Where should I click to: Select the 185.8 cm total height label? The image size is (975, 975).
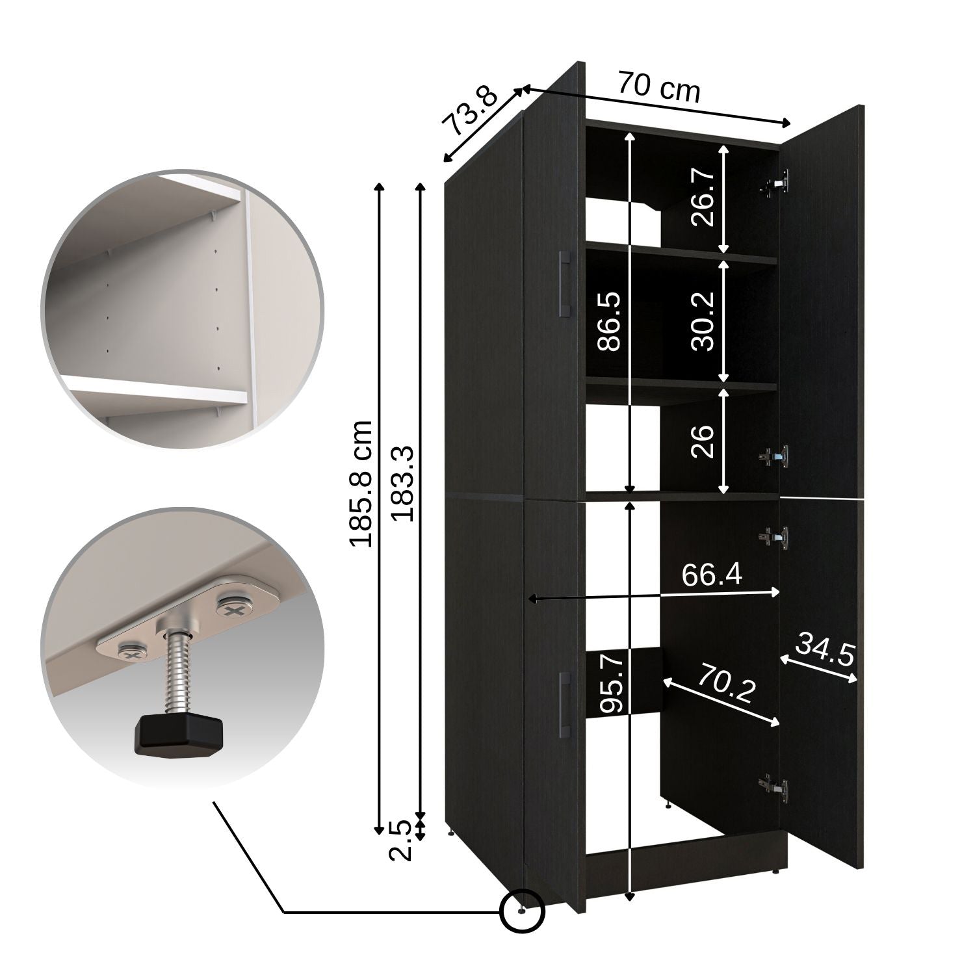pyautogui.click(x=360, y=483)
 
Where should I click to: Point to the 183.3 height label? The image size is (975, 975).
pyautogui.click(x=403, y=484)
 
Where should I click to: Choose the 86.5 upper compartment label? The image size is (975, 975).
pyautogui.click(x=609, y=322)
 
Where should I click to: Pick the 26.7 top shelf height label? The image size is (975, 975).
pyautogui.click(x=703, y=196)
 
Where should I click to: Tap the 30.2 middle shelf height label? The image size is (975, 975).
pyautogui.click(x=703, y=321)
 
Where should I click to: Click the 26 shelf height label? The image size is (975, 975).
pyautogui.click(x=703, y=441)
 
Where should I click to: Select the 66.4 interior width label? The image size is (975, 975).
pyautogui.click(x=712, y=575)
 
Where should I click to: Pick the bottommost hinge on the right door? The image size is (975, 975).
pyautogui.click(x=775, y=788)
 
